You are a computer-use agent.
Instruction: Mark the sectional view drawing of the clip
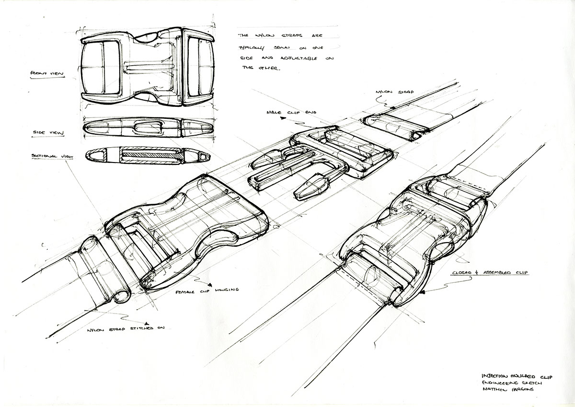[x=148, y=155]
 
